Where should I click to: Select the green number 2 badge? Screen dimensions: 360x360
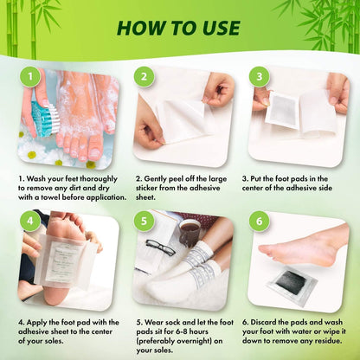145,76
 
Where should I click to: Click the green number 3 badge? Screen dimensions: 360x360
257,76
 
